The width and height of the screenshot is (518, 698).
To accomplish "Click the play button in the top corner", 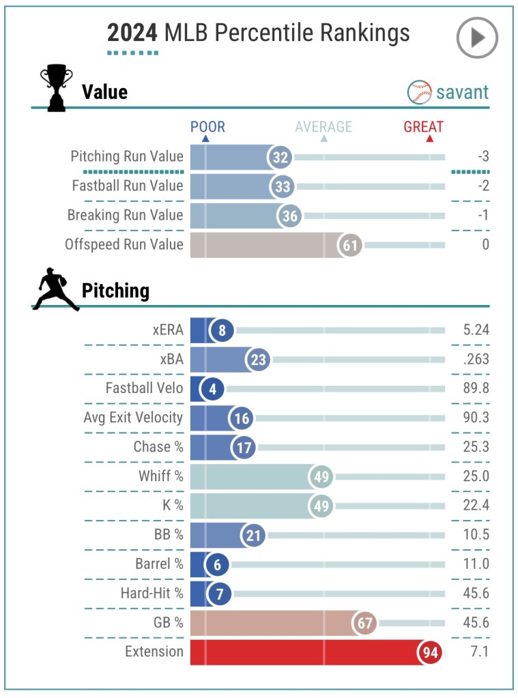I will (x=477, y=38).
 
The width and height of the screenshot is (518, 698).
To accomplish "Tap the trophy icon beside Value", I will (x=56, y=88).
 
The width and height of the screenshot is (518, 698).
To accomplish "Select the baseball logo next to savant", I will (x=419, y=92).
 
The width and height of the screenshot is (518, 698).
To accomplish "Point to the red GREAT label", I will (x=423, y=127).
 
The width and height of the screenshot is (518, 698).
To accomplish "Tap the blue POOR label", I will (x=207, y=127).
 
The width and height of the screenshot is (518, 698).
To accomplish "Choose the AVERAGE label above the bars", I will (x=323, y=127).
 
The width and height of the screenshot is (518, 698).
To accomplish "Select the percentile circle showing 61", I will (x=351, y=244).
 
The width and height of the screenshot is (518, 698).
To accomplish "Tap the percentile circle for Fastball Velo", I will (x=212, y=389).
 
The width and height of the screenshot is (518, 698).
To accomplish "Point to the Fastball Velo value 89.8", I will (x=474, y=389).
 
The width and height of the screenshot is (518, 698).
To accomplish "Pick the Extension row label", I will (x=154, y=652).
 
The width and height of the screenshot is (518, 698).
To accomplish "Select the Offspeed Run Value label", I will (x=124, y=244).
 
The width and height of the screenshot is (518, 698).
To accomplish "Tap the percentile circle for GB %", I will (x=364, y=623).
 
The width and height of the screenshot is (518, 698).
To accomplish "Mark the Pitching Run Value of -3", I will (x=483, y=157).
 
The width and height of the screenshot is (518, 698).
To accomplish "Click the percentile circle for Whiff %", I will (x=320, y=476).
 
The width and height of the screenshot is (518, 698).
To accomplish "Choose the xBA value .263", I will (x=474, y=360).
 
